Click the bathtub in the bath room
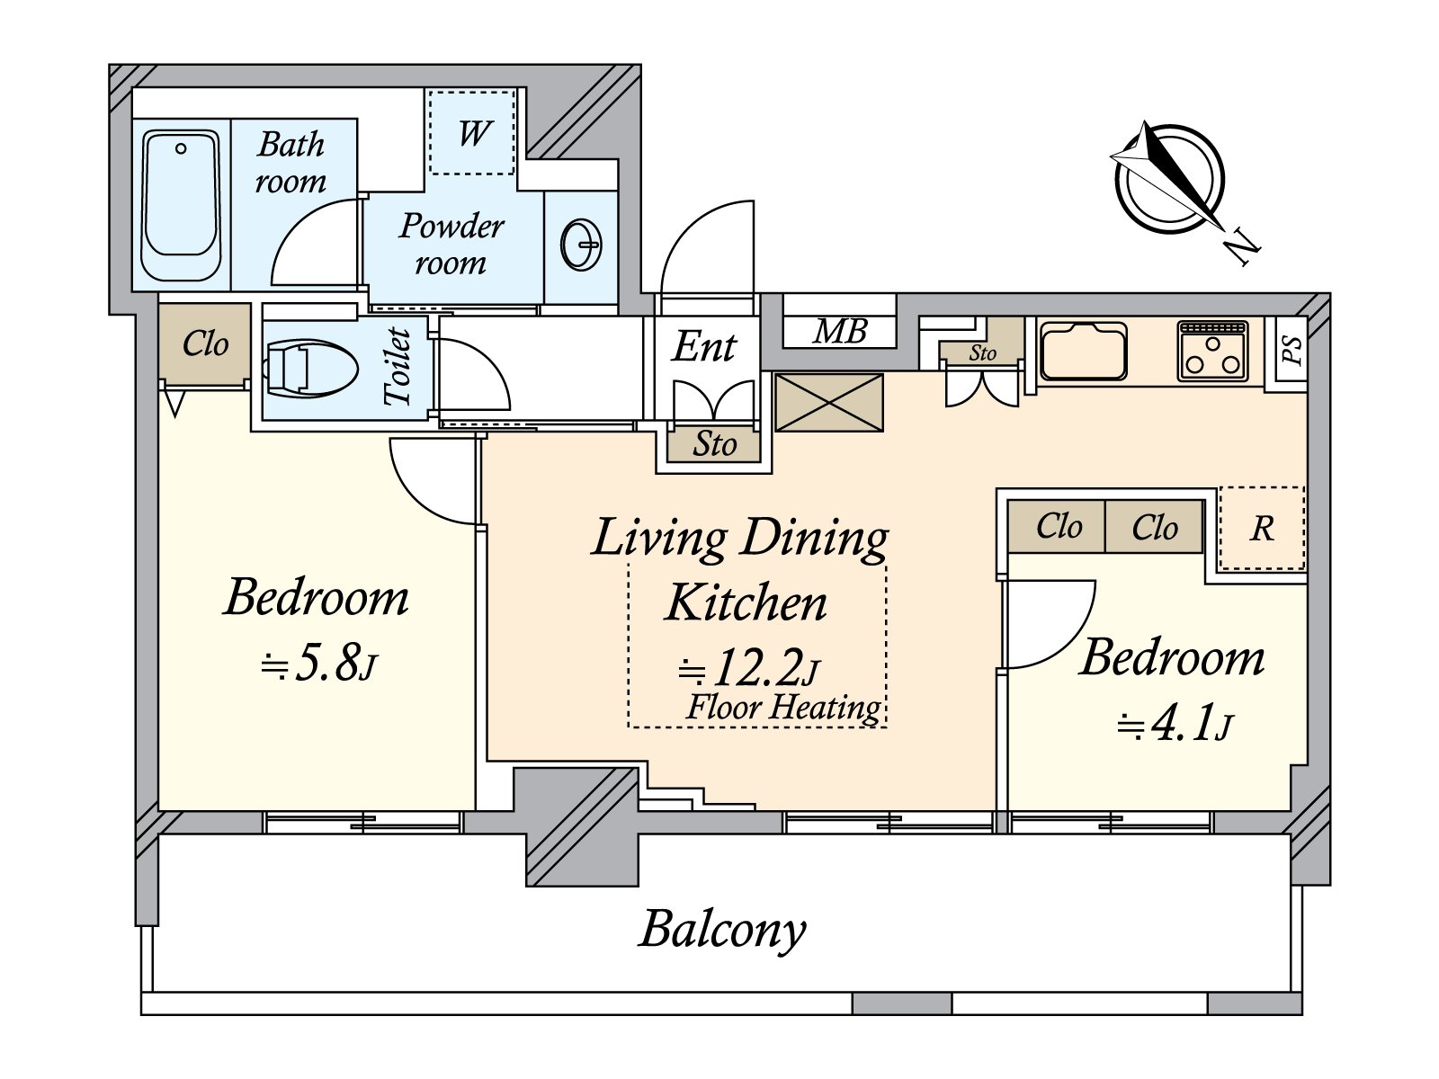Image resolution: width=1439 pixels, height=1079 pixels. [182, 205]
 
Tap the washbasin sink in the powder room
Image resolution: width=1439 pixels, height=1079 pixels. [581, 245]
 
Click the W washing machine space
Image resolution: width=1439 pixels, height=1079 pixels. [472, 133]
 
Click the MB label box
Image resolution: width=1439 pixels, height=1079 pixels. [839, 332]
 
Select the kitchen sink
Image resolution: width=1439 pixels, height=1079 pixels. [1083, 352]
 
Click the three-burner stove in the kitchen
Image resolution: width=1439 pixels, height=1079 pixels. [1212, 352]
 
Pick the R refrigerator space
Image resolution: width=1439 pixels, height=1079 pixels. [1261, 529]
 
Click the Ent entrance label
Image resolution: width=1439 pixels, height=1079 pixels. [704, 347]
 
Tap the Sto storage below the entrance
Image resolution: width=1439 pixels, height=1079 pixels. [714, 444]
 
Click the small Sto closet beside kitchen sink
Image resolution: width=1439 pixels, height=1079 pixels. [982, 353]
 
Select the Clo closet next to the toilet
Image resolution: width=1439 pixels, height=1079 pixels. [205, 344]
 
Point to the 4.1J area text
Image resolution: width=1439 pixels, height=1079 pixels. [1175, 724]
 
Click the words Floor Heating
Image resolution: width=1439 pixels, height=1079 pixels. [782, 708]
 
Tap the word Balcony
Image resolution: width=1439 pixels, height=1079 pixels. [722, 929]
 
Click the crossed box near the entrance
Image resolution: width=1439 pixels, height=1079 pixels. [828, 402]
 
